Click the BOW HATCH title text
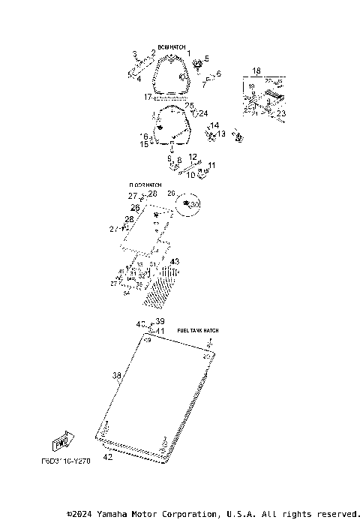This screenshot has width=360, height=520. [171, 47]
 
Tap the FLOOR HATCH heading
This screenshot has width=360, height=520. [145, 185]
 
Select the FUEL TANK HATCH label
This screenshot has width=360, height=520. [198, 330]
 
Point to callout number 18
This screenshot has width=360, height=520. [256, 71]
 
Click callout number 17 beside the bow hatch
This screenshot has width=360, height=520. [148, 98]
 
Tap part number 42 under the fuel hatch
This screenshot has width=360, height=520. [108, 457]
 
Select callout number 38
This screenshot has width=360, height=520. [116, 375]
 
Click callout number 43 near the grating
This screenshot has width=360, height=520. [175, 262]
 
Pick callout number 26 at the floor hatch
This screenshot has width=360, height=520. [135, 208]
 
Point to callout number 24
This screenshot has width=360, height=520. [202, 113]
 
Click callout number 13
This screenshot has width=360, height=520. [221, 134]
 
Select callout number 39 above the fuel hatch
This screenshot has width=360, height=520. [160, 321]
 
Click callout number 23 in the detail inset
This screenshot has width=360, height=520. [281, 114]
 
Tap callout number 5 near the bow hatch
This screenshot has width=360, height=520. [206, 59]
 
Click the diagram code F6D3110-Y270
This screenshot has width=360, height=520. [66, 462]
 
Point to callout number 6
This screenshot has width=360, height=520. [218, 74]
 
